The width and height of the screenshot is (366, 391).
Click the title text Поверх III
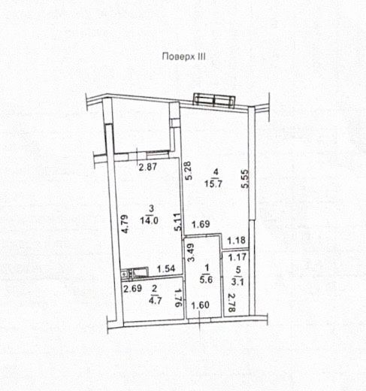coord(183,56)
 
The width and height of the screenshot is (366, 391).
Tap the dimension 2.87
coord(148,167)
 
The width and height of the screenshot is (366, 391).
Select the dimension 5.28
coord(189,171)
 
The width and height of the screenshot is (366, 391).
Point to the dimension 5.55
coord(244,179)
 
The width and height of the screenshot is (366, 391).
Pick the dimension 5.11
coord(178,222)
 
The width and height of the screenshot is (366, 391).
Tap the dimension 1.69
coord(201,224)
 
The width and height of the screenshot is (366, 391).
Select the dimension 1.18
coord(237,241)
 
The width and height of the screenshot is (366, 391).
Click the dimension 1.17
coord(237,257)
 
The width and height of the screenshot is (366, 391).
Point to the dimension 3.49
coord(192,253)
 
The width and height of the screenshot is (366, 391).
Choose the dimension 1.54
coord(166,268)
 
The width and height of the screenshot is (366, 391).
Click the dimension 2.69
coord(133,289)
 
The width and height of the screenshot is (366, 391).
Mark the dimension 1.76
coord(178,298)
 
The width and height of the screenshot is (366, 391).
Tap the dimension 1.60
coord(200,305)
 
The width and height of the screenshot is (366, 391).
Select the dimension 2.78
coord(231,303)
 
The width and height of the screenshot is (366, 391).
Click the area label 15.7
coord(213,183)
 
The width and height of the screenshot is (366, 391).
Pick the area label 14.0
coord(149,220)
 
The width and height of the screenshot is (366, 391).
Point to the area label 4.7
coord(155,300)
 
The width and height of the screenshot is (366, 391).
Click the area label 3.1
coord(237,282)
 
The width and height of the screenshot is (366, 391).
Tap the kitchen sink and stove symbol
coord(135,272)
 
